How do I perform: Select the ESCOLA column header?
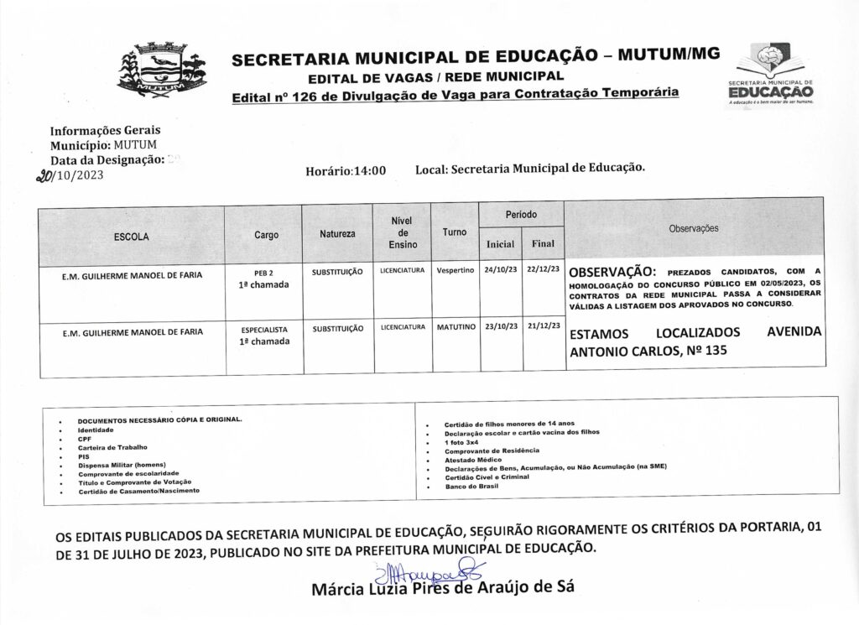(x=132, y=237)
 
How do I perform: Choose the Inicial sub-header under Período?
(x=500, y=244)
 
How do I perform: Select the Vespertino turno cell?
(x=456, y=272)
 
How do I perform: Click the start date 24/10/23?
(x=500, y=272)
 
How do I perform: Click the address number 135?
(x=701, y=352)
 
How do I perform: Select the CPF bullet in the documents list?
(x=84, y=437)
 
